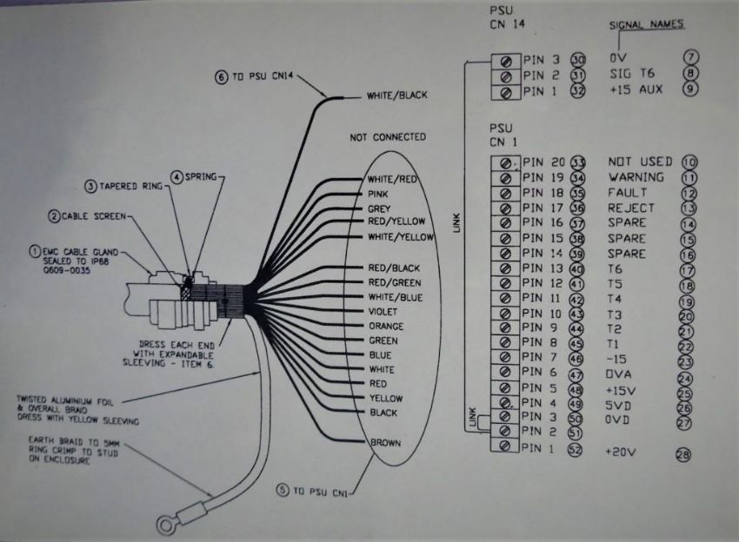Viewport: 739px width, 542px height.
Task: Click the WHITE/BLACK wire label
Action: click(x=398, y=96)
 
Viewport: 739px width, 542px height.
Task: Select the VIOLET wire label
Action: click(x=383, y=312)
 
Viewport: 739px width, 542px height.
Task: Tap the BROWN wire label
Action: click(x=385, y=443)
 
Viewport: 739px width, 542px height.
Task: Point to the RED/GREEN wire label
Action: click(x=396, y=282)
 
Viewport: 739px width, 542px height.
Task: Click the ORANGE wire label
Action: click(x=386, y=327)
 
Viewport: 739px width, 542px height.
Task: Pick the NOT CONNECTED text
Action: click(x=387, y=137)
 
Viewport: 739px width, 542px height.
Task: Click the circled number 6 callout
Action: click(x=222, y=77)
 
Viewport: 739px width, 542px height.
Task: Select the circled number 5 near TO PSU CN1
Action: click(x=283, y=491)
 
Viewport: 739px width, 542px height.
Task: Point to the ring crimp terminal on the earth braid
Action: click(x=164, y=521)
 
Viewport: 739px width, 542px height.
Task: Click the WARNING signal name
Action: click(x=636, y=177)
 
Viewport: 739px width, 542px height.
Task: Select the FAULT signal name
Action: click(x=628, y=193)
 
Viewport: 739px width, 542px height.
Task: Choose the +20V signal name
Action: click(x=621, y=452)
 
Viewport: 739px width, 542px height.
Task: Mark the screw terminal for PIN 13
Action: click(x=503, y=269)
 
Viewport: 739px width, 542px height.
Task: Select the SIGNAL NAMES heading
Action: click(x=646, y=24)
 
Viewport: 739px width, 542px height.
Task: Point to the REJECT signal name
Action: click(x=631, y=208)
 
